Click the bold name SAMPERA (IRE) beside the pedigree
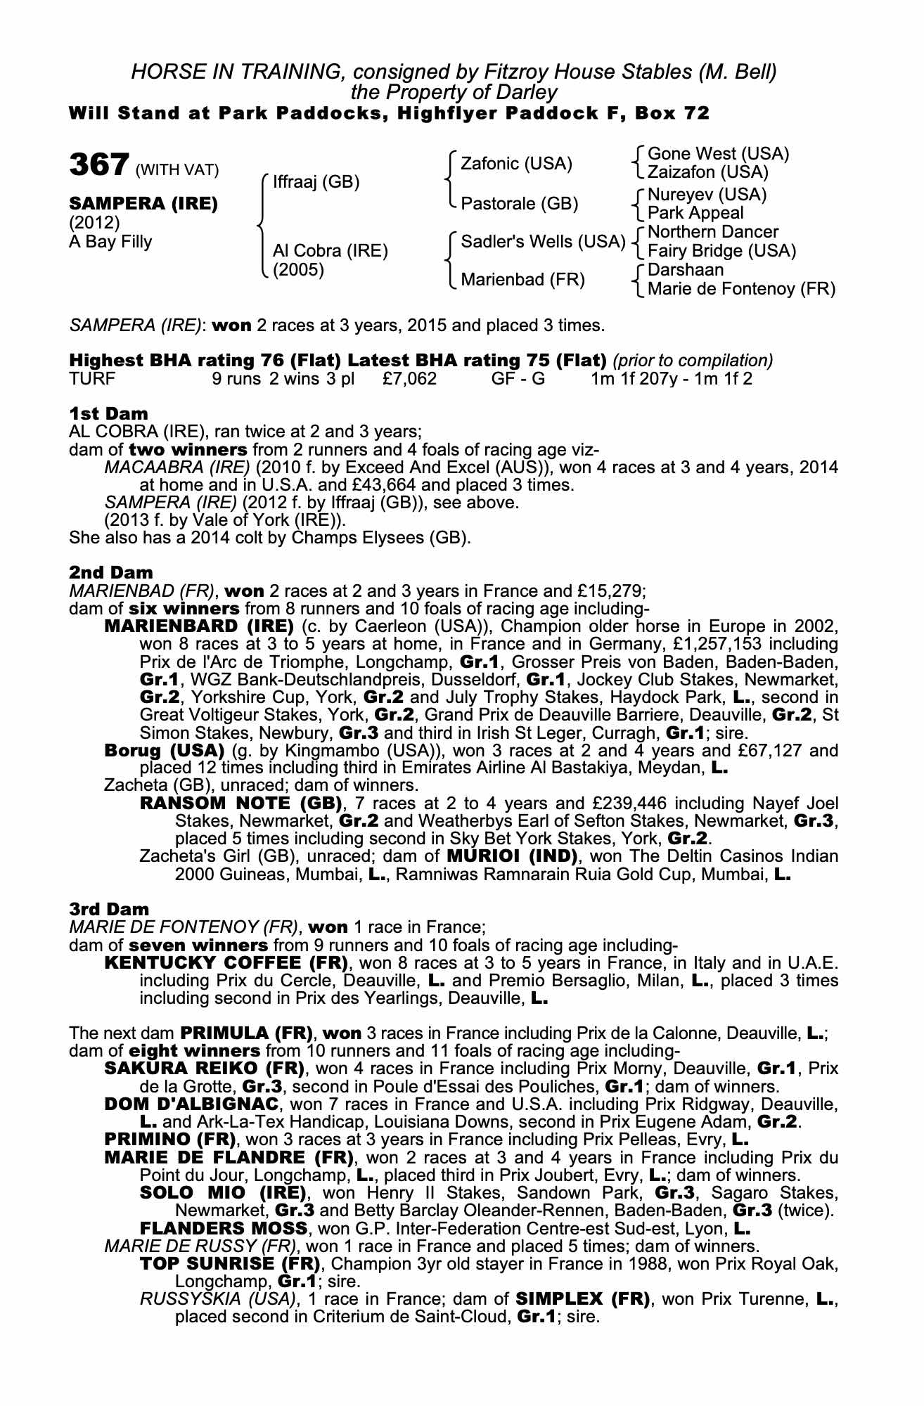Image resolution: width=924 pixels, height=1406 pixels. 143,204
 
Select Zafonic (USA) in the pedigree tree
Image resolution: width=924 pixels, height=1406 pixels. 516,164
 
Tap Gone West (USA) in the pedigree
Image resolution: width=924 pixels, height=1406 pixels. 718,154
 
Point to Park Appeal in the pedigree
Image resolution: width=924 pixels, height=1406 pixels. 695,213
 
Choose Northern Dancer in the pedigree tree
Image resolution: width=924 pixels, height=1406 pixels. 713,232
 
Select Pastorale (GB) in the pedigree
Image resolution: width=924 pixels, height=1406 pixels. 519,204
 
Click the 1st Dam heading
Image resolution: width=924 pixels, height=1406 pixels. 108,413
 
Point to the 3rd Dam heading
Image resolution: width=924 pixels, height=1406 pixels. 109,909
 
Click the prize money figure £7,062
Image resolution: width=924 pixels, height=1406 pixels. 410,380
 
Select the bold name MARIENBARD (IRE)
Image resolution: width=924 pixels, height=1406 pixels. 198,626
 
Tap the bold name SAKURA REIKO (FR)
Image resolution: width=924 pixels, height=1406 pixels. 204,1069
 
